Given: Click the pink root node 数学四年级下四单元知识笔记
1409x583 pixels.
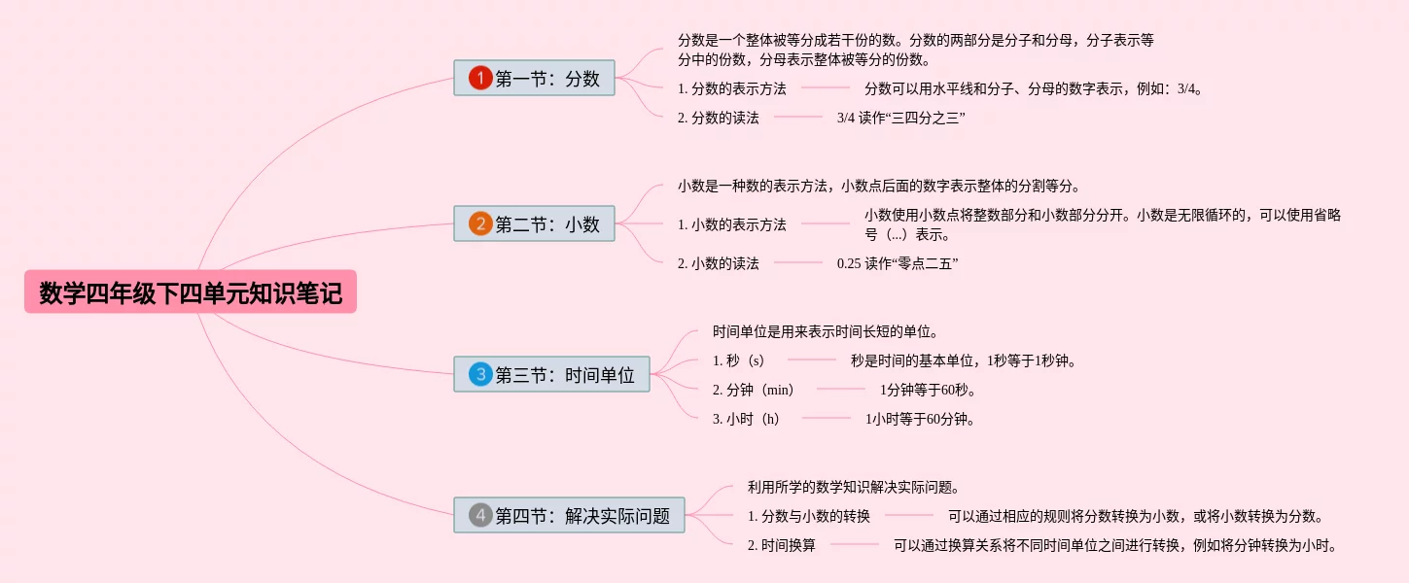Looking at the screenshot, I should [x=191, y=292].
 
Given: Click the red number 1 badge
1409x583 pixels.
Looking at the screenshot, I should [x=480, y=79].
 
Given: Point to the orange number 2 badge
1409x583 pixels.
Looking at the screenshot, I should [x=480, y=224].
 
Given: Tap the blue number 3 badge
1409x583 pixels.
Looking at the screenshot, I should [x=480, y=374].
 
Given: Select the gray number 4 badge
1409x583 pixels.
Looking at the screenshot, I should [x=480, y=515].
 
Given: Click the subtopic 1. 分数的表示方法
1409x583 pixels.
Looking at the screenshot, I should [x=732, y=88].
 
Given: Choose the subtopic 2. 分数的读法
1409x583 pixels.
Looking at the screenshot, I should [x=719, y=118].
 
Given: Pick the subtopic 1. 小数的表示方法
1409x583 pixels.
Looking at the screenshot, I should [x=732, y=224].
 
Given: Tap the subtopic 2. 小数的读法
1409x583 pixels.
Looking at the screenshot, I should [x=719, y=263].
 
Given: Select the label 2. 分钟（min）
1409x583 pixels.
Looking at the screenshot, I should [x=754, y=390].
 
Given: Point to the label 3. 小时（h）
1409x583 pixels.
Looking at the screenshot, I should [x=746, y=419].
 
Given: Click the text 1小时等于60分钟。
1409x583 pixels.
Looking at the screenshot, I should [x=920, y=420].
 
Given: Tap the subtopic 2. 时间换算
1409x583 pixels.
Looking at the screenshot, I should [x=782, y=545].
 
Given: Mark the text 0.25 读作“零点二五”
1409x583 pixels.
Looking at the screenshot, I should [x=898, y=263].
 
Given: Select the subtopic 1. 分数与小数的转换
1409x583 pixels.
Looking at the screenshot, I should [x=809, y=516].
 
